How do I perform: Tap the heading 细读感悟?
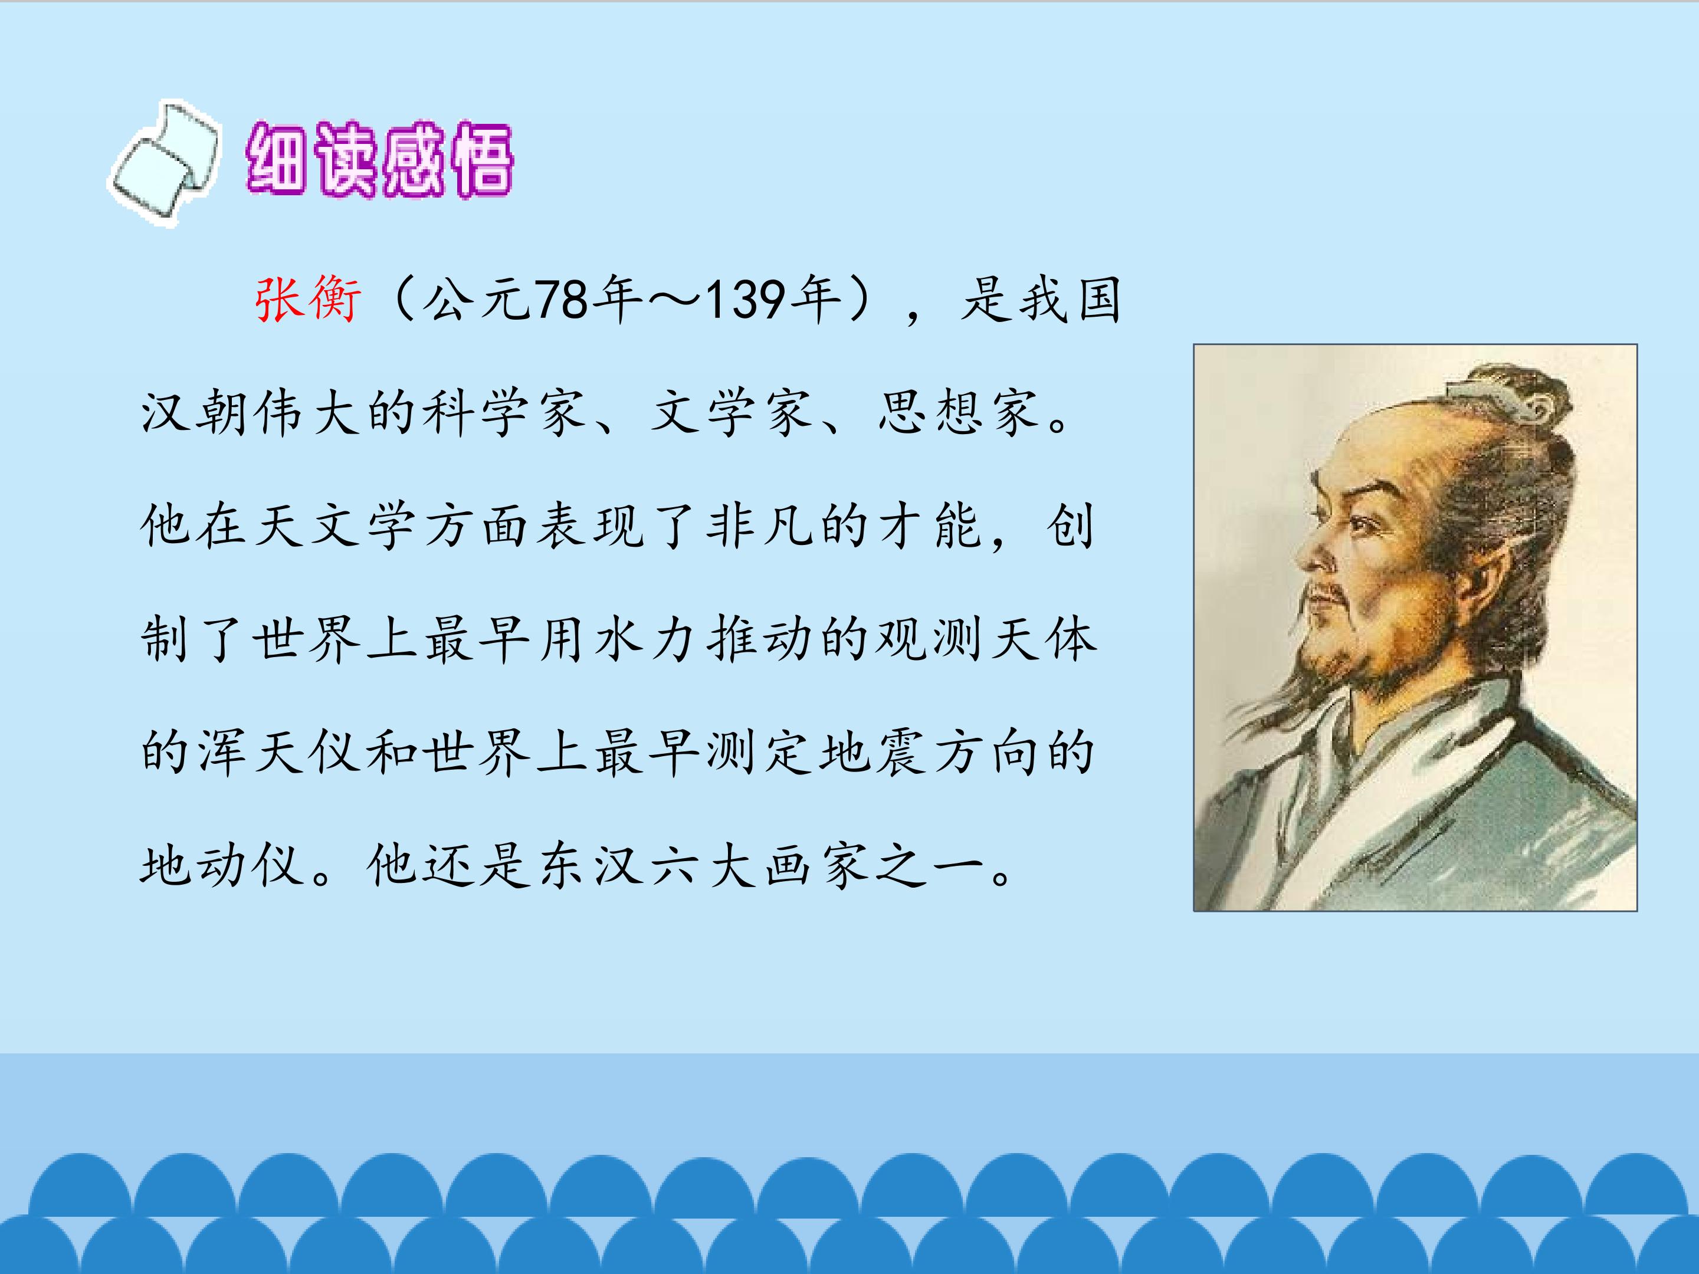pyautogui.click(x=379, y=159)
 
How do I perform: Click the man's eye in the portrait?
pyautogui.click(x=1361, y=526)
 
